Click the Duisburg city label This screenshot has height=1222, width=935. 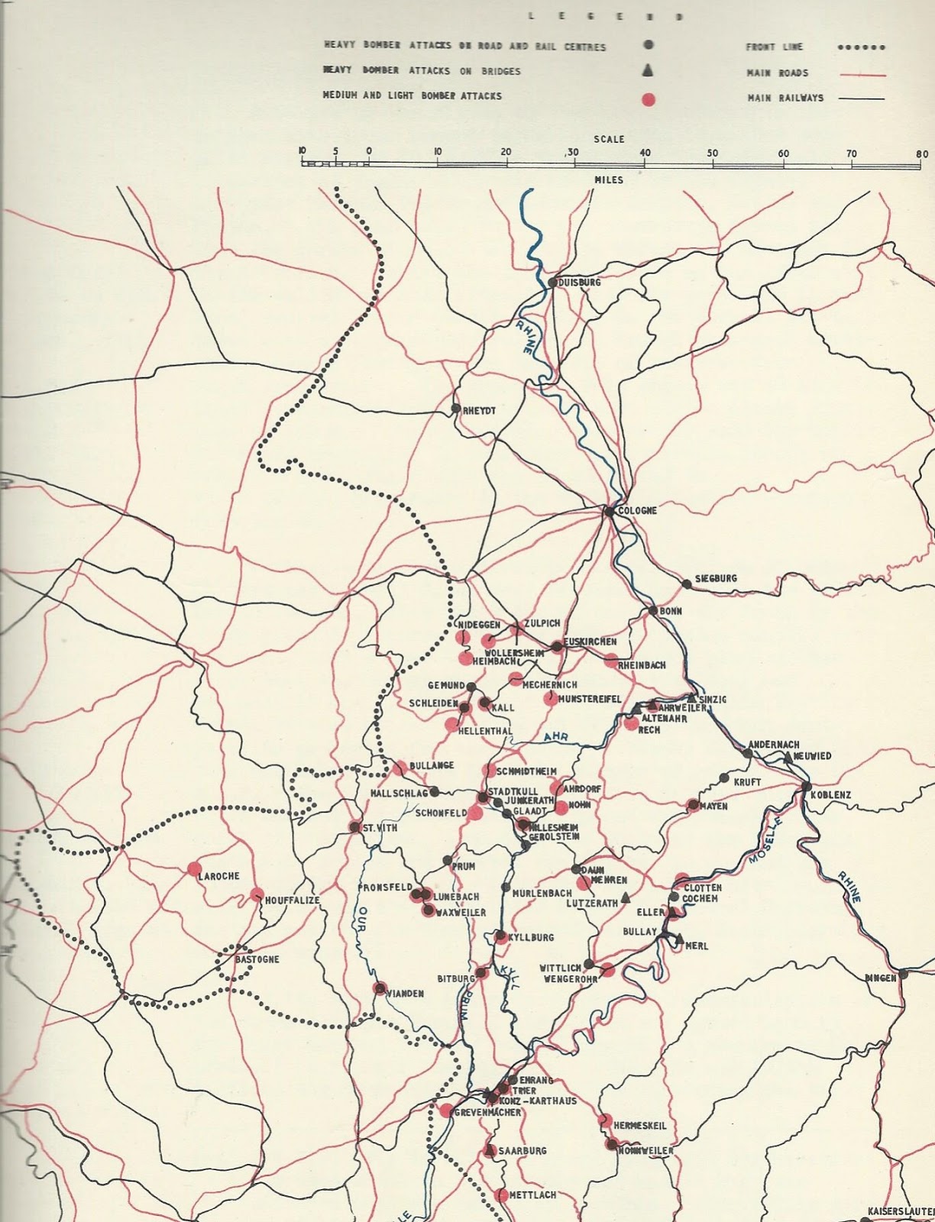pos(580,283)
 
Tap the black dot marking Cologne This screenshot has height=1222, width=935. pos(609,511)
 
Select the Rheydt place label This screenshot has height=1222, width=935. pos(480,411)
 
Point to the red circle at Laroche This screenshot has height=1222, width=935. pos(193,868)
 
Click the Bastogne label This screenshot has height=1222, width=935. pos(257,959)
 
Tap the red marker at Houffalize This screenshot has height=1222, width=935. pos(257,894)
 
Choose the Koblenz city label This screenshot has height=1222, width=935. pos(831,794)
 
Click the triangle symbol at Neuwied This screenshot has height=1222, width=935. pos(788,756)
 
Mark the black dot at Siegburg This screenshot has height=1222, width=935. pos(687,584)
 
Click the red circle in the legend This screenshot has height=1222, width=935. pos(648,99)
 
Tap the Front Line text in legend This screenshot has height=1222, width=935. pos(774,47)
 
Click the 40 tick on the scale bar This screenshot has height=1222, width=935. pos(645,154)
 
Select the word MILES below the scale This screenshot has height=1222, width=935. pos(608,180)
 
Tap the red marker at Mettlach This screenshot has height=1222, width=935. pos(500,1195)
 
